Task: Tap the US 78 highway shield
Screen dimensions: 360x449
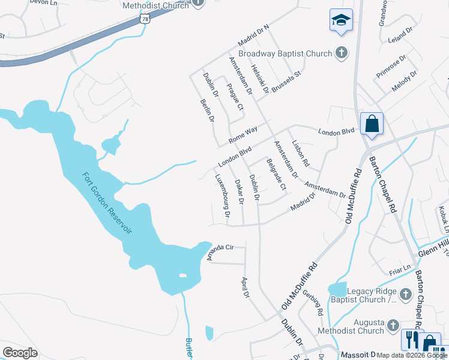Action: coord(145,19)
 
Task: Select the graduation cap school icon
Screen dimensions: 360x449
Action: coord(341,20)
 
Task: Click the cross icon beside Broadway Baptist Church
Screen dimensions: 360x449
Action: coord(342,53)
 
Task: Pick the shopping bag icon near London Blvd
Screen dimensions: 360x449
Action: coord(372,124)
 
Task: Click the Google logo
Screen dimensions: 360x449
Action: coord(20,352)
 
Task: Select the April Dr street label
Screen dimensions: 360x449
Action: coord(245,287)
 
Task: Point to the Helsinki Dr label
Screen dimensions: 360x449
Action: coord(260,79)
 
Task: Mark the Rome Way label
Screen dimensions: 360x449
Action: coord(243,134)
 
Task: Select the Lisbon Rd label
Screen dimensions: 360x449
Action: coord(300,153)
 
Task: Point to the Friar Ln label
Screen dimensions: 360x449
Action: coord(399,266)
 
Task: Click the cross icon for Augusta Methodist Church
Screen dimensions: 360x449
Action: coord(393,325)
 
